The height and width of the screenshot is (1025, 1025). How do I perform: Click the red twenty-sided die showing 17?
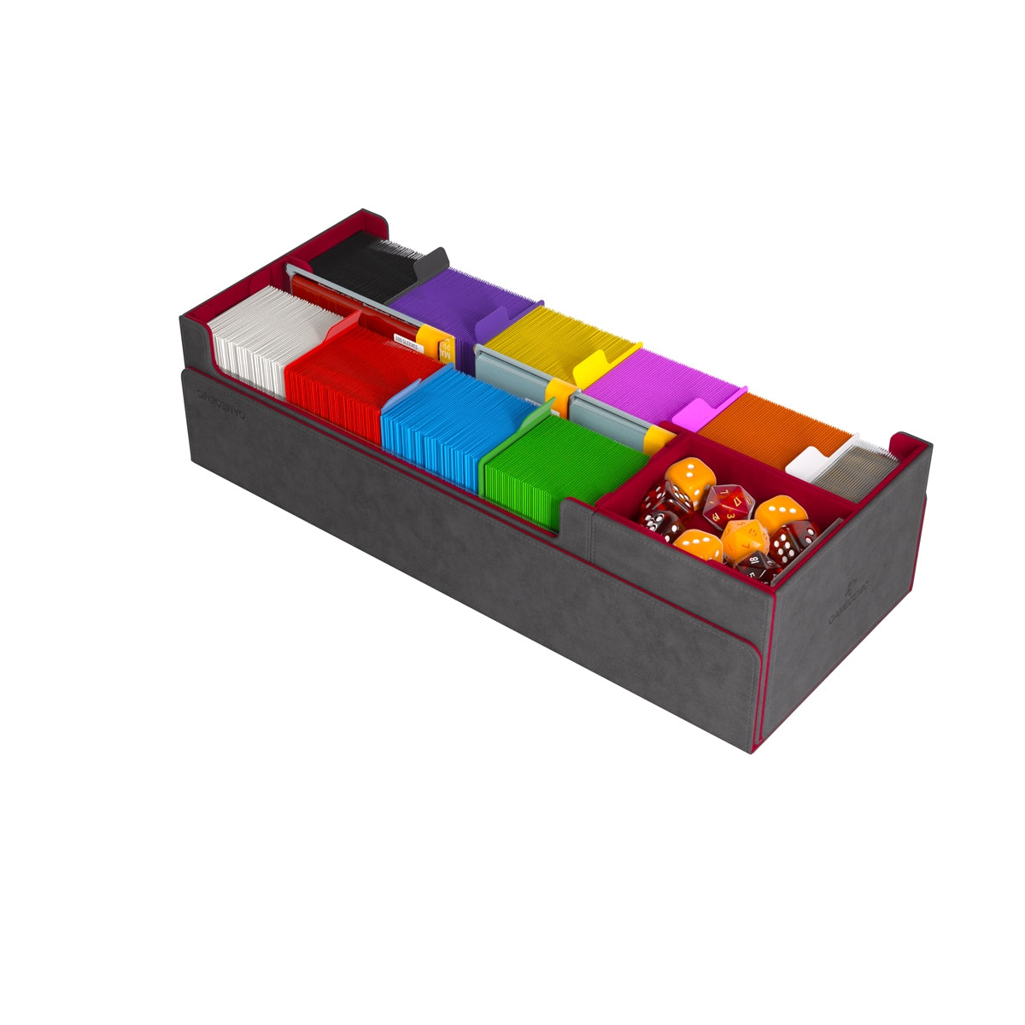[x=728, y=504]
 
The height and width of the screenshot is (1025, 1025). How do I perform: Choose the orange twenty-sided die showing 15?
[x=742, y=538]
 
